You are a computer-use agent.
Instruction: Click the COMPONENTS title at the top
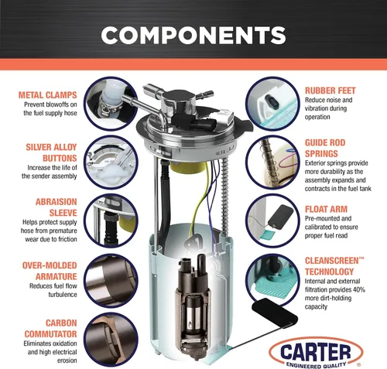193,36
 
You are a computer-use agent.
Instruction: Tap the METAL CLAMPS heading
48,95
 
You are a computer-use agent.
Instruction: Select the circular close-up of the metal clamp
111,103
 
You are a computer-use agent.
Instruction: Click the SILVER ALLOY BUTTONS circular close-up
111,162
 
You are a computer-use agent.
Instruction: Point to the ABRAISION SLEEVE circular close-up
111,220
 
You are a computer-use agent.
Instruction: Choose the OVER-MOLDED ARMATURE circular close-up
111,281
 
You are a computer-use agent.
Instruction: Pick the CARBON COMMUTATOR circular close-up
111,340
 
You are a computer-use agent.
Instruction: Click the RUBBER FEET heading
330,91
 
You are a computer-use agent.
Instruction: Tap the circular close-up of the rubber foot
272,104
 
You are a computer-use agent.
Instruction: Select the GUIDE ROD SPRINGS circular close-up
272,162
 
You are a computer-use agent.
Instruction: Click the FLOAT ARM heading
326,209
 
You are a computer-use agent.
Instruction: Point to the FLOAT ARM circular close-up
272,220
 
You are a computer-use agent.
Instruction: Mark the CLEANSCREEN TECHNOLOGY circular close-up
272,281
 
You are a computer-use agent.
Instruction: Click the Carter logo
316,352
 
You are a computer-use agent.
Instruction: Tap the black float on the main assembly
275,313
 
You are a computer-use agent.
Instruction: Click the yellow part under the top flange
188,168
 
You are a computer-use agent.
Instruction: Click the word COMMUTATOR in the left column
50,334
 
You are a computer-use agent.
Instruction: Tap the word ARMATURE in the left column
57,276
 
